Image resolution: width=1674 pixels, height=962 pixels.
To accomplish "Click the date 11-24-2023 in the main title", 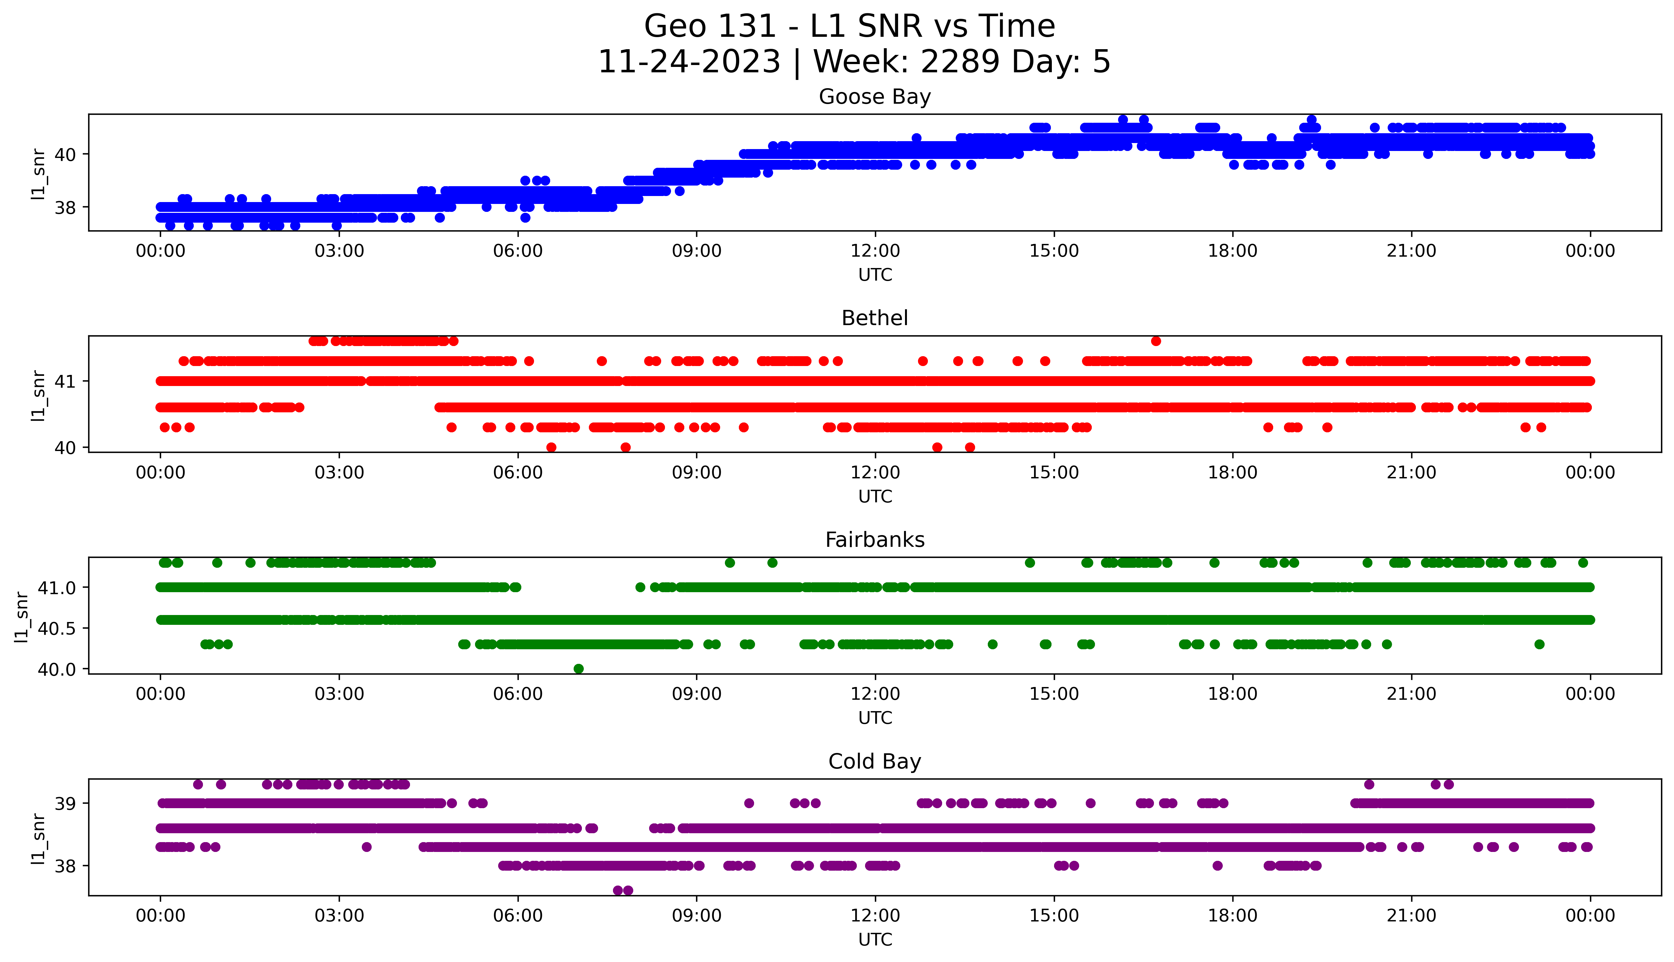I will [x=689, y=62].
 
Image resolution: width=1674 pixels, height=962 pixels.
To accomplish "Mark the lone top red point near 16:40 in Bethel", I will [x=1156, y=341].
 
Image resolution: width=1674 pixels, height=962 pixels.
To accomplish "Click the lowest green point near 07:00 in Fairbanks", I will [x=578, y=669].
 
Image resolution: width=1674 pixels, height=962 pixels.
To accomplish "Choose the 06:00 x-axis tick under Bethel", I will [x=518, y=472].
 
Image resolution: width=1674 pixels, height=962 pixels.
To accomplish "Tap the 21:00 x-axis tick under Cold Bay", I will [x=1411, y=916].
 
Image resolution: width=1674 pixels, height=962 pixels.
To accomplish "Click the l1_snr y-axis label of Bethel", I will [x=38, y=395].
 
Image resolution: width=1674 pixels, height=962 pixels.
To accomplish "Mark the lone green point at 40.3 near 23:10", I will [x=1539, y=644].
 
